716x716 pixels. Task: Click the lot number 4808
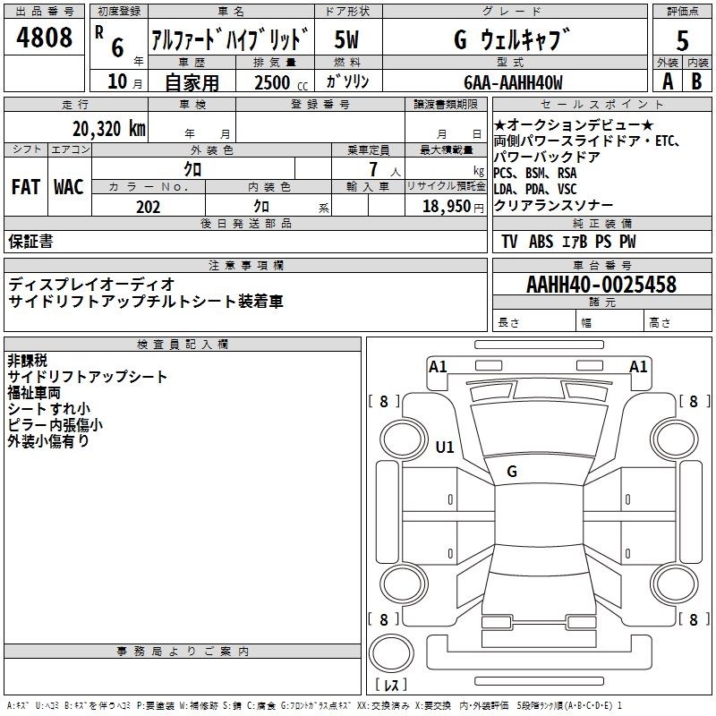click(44, 37)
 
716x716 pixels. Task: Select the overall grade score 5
click(682, 40)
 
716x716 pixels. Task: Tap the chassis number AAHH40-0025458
click(601, 284)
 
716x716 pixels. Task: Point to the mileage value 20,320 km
click(109, 128)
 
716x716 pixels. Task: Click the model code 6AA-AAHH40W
click(513, 82)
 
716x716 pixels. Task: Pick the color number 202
click(148, 207)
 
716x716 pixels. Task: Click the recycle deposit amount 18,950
click(447, 206)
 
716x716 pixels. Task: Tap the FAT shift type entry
click(26, 187)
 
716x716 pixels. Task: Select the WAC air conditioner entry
click(69, 187)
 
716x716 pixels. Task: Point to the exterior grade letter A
click(668, 81)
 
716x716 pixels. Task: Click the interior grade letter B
click(696, 81)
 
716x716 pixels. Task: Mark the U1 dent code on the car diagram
click(445, 447)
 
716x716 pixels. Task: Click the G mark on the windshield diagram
click(512, 472)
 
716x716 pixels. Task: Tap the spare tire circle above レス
click(391, 653)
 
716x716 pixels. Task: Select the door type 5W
click(346, 39)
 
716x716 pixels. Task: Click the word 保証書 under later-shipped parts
click(30, 241)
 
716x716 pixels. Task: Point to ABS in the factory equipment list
click(541, 241)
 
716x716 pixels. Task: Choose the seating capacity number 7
click(373, 169)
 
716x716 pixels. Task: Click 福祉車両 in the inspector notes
click(34, 393)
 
